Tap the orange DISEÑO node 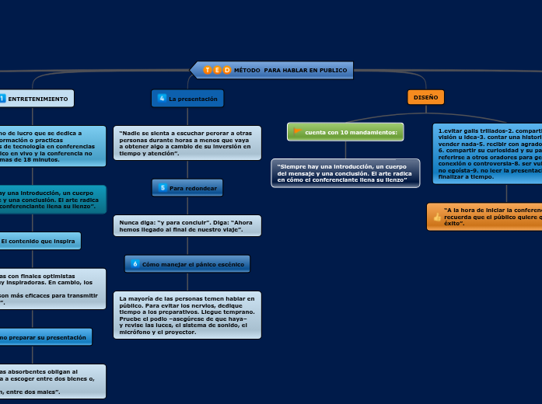point(425,97)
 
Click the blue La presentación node point(187,99)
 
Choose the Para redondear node point(188,188)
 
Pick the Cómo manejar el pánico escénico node point(187,264)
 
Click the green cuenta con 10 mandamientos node point(345,132)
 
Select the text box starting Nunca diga point(187,225)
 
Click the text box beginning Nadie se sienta point(187,143)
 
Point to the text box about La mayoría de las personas point(187,315)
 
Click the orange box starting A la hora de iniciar point(486,217)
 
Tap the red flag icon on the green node point(297,132)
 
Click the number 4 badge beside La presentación point(161,99)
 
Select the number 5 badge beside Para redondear point(163,188)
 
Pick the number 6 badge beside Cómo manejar point(135,264)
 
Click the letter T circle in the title point(208,70)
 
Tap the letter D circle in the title point(226,70)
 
